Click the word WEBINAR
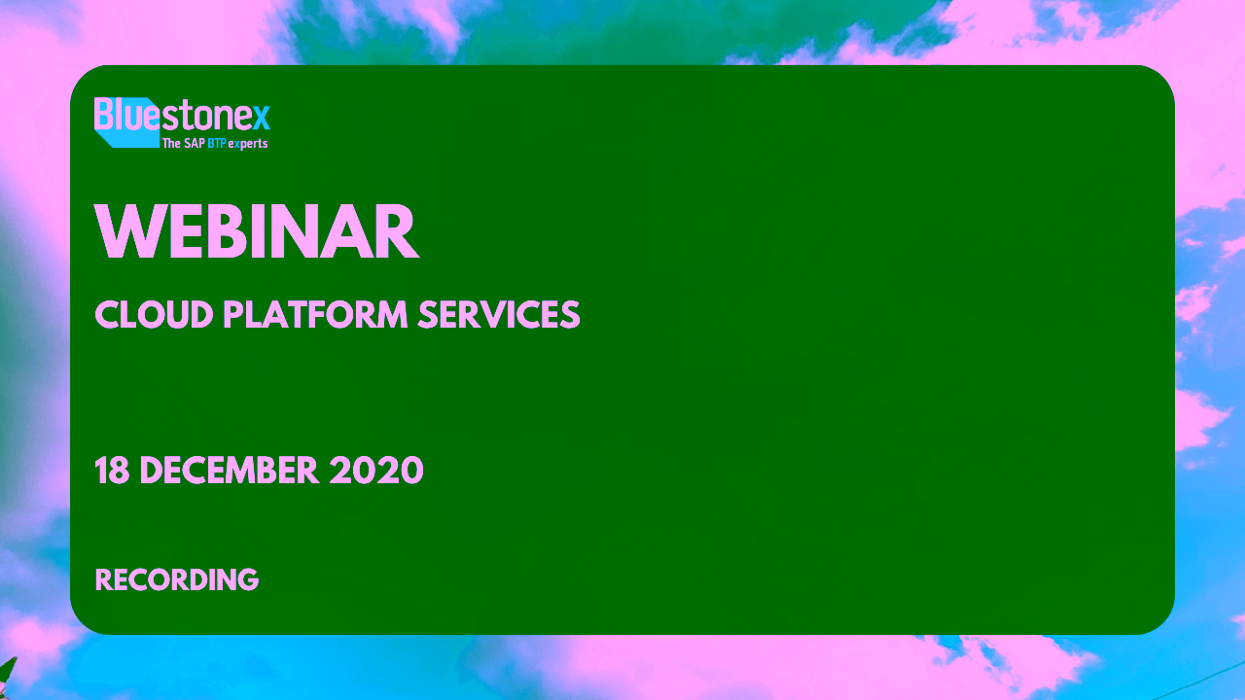257,231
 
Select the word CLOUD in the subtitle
154,314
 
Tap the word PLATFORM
316,314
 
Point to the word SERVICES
499,314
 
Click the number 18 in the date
112,470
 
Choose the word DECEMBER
230,470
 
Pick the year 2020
376,470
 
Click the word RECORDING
177,579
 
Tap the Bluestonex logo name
182,115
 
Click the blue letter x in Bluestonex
262,118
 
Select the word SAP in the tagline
194,143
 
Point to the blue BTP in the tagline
217,143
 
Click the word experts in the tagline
248,145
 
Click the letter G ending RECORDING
247,579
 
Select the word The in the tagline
172,143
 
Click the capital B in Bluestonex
103,114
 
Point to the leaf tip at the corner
16,658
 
